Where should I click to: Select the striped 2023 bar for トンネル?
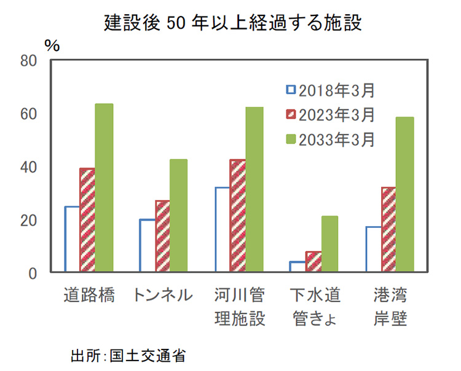tap(162, 236)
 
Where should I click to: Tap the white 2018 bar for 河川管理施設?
tap(223, 229)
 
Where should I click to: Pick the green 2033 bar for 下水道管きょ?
tap(329, 244)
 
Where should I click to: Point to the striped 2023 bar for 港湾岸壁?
tap(389, 229)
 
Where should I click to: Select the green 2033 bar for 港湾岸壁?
tap(404, 194)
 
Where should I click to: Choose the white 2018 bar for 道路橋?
tap(73, 239)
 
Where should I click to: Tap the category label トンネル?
tap(162, 295)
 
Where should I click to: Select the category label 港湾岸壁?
tap(390, 307)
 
